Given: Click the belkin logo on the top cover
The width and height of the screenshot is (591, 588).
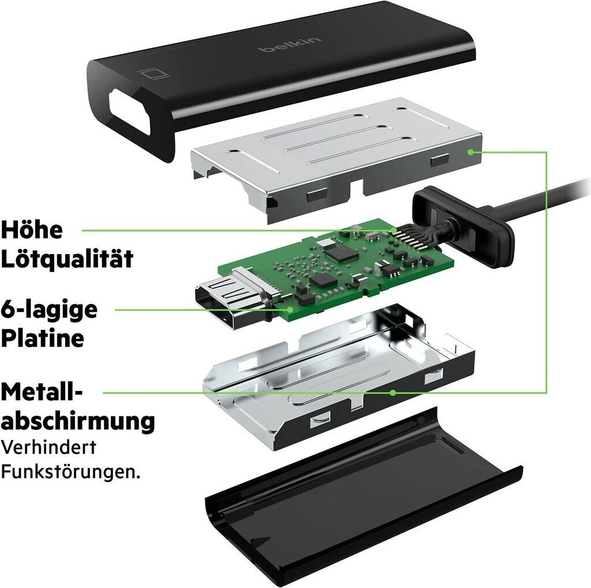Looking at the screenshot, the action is (290, 44).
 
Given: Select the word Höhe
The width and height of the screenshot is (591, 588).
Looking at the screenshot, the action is (32, 229).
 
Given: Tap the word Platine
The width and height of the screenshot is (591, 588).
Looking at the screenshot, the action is (42, 337).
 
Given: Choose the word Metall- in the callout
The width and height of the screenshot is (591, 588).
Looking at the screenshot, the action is (42, 392).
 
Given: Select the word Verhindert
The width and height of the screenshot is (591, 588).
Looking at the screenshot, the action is (48, 447).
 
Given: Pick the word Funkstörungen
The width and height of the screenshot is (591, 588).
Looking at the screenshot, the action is (70, 471).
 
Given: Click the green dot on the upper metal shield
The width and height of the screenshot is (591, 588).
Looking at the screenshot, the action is (470, 152).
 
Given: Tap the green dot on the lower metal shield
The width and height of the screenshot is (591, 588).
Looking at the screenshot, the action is (392, 393).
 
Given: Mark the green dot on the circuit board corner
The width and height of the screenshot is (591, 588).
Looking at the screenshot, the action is (290, 310).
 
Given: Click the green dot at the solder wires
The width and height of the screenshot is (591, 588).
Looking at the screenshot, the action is (394, 230).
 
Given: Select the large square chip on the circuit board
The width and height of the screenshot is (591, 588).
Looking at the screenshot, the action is (341, 254).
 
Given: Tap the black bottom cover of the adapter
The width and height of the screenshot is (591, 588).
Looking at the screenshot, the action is (362, 498).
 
